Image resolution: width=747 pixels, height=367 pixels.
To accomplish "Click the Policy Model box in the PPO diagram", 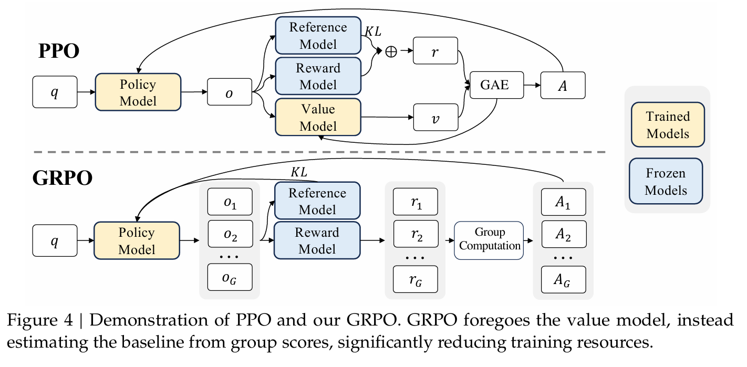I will click(138, 92).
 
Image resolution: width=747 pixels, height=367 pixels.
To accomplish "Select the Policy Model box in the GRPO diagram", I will click(137, 240).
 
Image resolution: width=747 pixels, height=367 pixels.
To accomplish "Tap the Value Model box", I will click(318, 117).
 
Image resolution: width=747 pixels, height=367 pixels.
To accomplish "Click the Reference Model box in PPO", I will click(318, 35).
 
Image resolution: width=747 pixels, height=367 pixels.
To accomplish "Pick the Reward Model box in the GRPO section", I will click(317, 240).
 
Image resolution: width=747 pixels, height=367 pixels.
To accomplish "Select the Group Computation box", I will click(489, 240).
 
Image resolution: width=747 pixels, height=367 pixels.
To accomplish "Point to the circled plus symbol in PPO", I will click(391, 51).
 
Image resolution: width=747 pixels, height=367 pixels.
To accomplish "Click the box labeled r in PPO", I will click(435, 51).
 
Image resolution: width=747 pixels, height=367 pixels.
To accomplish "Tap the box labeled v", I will click(435, 117).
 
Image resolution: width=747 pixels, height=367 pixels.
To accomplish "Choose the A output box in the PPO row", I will click(563, 84).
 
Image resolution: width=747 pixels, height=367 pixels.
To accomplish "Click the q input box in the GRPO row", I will click(55, 240).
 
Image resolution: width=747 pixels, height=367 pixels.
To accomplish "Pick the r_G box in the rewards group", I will click(415, 279).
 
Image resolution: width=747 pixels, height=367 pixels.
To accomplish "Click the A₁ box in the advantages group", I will click(563, 202).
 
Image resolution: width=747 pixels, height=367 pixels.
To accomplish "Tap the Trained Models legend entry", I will click(667, 124).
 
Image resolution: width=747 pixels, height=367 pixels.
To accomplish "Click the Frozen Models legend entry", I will click(666, 181).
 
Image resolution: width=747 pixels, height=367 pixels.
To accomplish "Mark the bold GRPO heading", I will click(63, 177).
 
